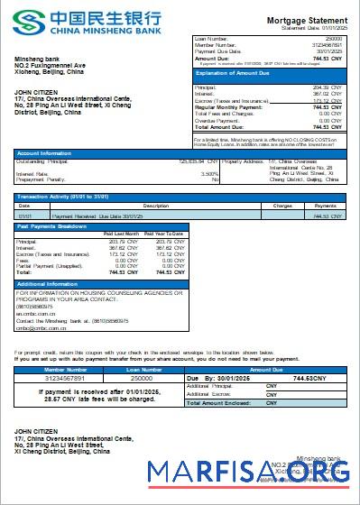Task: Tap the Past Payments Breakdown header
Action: click(52, 226)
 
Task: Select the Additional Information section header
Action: click(51, 284)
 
